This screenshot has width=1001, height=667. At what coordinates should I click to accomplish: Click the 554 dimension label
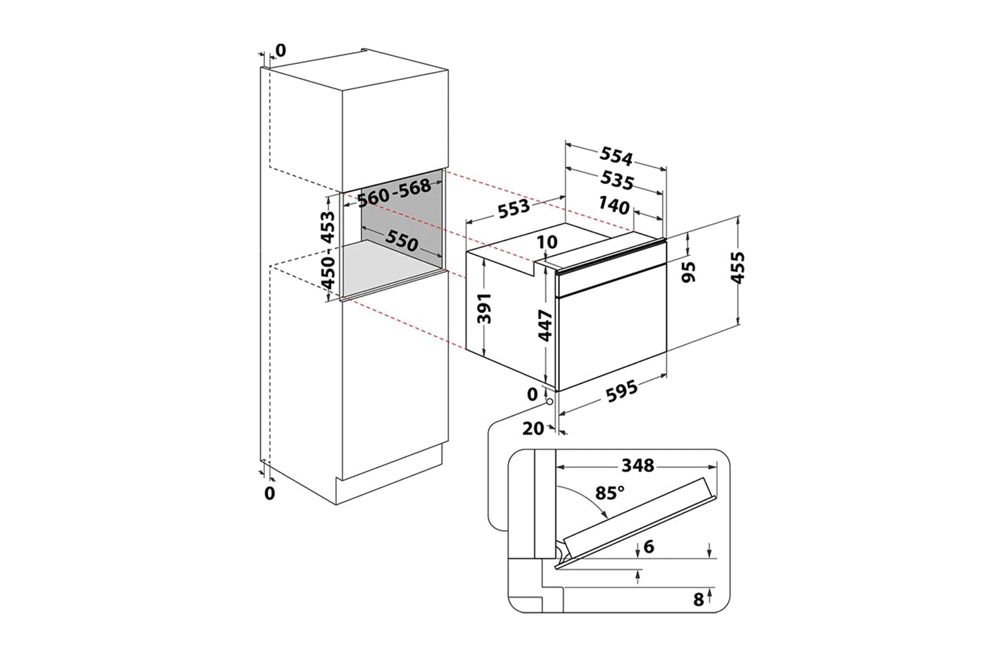coord(615,157)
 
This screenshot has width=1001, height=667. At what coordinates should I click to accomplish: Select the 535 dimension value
coord(615,180)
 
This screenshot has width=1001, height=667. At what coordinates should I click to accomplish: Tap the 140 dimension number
coord(614,206)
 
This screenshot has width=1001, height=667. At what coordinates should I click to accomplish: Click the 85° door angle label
coord(610,494)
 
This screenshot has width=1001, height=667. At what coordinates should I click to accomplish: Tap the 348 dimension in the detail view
coord(637,465)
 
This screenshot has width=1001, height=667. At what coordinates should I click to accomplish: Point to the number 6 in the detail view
coord(649,547)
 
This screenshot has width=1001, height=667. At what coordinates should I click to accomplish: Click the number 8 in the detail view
coord(698,599)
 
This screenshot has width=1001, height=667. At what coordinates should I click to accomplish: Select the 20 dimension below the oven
coord(533,429)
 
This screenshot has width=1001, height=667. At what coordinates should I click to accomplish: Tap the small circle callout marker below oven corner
coord(548,402)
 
